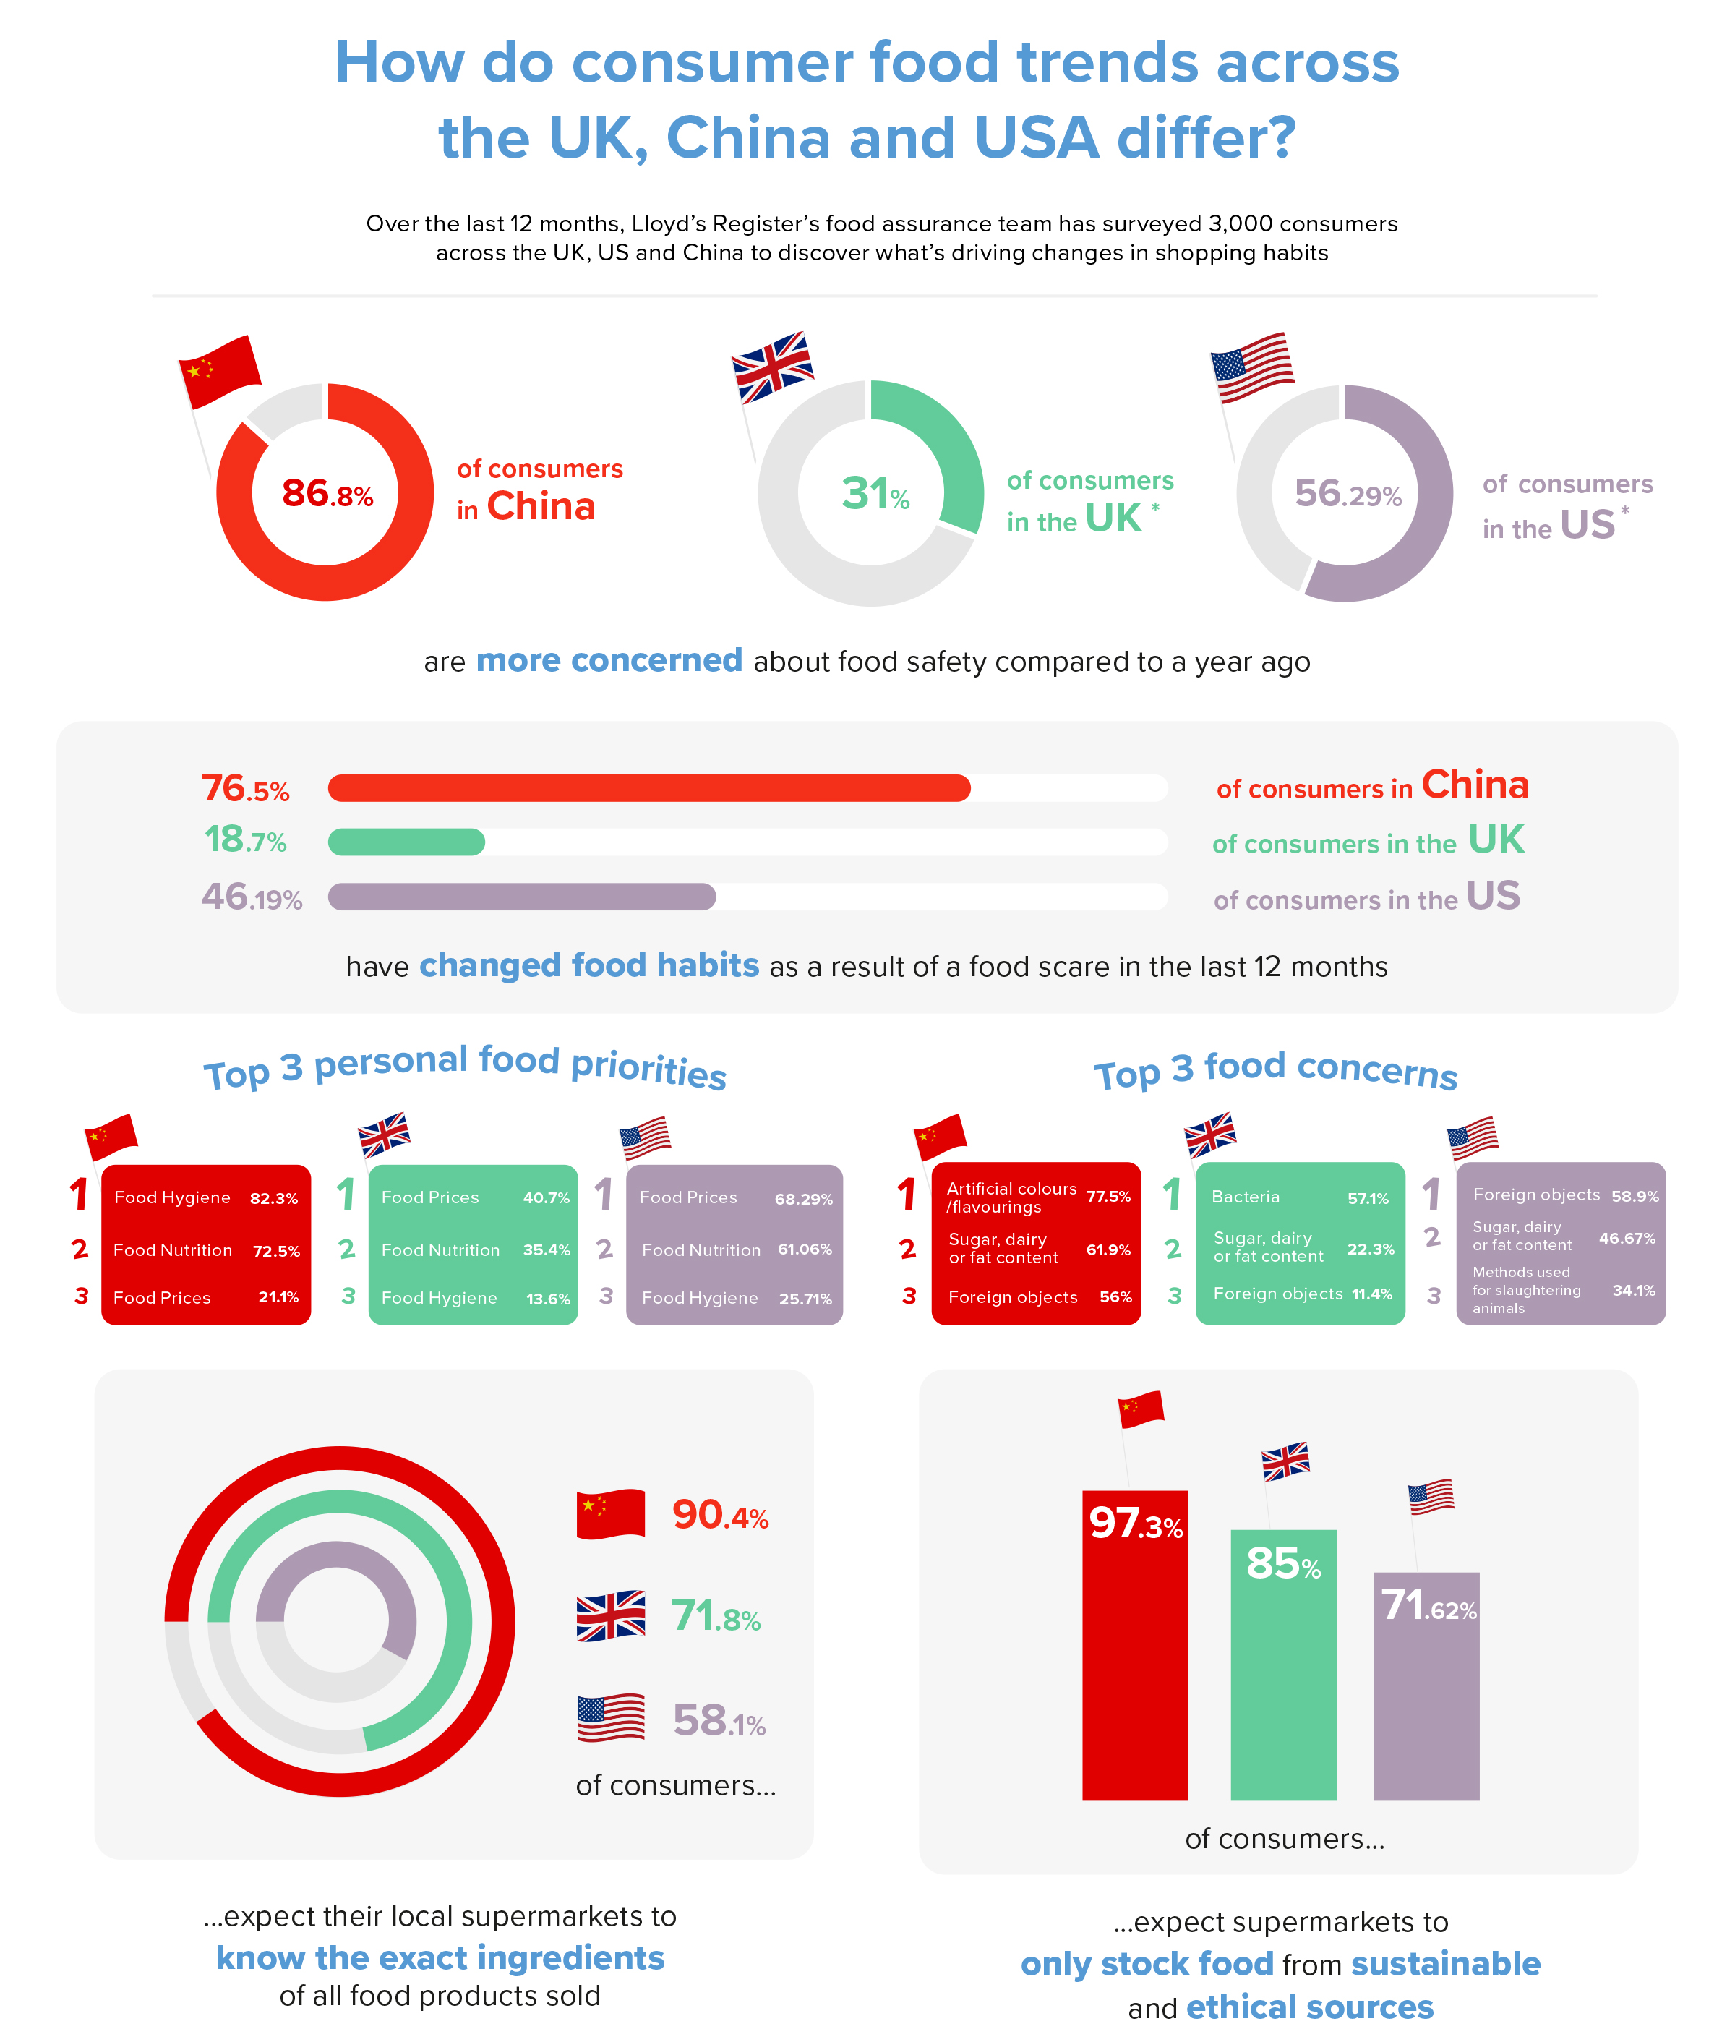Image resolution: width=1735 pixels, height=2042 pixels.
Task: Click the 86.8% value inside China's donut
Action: [x=327, y=493]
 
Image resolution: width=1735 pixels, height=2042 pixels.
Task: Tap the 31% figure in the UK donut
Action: [x=875, y=494]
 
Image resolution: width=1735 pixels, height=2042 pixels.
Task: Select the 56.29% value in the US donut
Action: [x=1347, y=494]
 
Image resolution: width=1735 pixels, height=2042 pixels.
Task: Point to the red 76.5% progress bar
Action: [x=648, y=788]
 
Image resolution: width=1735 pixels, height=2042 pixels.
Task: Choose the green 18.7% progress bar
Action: [x=406, y=842]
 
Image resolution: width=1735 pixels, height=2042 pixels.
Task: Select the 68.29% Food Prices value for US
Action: [x=802, y=1199]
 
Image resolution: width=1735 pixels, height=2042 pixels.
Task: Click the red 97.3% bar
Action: [x=1134, y=1662]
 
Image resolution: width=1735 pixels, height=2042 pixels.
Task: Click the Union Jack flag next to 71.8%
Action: [x=610, y=1616]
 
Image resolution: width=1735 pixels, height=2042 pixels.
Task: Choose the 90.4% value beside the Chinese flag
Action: [x=719, y=1516]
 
